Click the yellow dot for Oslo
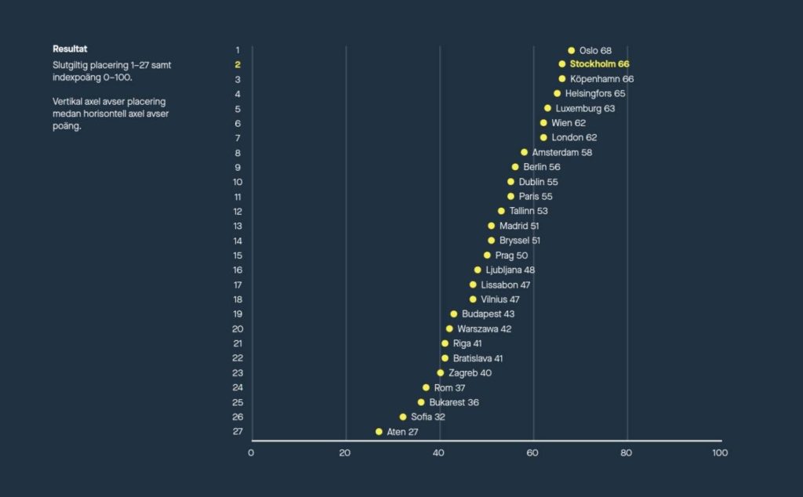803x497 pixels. (x=571, y=50)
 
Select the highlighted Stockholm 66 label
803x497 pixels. (x=599, y=64)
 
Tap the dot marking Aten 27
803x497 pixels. (x=379, y=432)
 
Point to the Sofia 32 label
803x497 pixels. (x=428, y=417)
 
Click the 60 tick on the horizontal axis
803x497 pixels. (x=533, y=453)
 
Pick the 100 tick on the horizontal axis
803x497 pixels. (x=720, y=453)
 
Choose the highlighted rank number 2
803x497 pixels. (x=238, y=64)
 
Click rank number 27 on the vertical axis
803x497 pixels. (x=238, y=432)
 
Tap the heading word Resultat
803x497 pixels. (x=70, y=49)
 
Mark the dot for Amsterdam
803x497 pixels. (x=524, y=152)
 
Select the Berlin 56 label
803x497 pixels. (x=542, y=167)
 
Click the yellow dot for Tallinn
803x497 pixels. (x=501, y=211)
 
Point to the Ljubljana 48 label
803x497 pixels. (x=511, y=270)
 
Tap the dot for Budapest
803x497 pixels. (x=453, y=314)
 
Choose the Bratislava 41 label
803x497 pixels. (x=478, y=358)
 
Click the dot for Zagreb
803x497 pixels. (x=440, y=373)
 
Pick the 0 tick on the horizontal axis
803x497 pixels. (x=251, y=453)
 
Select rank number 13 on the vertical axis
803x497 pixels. (x=238, y=226)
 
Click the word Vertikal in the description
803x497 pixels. (x=69, y=102)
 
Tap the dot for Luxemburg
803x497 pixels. (x=547, y=108)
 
